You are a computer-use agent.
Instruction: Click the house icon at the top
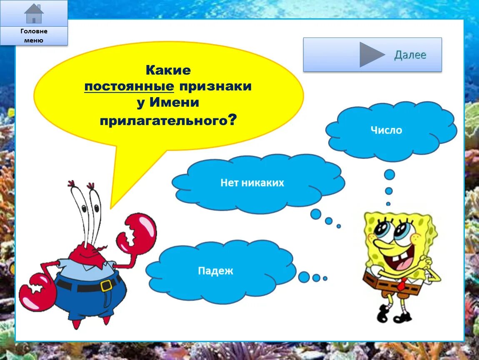coord(34,14)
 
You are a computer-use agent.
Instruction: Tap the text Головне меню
coord(34,36)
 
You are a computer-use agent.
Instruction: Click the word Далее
coord(410,55)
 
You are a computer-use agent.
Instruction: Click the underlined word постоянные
coord(129,87)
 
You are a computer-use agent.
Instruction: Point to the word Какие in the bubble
coord(168,70)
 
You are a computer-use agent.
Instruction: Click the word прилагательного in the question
coord(163,121)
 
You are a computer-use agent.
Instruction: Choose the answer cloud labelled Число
coord(387,130)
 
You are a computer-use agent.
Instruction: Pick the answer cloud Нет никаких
coord(252,183)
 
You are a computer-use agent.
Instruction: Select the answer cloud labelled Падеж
coord(216,271)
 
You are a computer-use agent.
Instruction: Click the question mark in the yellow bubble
coord(232,120)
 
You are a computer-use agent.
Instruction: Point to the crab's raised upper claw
coord(137,232)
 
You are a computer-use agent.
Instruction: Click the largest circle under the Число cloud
coord(389,175)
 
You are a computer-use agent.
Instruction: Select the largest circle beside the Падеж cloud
coord(304,277)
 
